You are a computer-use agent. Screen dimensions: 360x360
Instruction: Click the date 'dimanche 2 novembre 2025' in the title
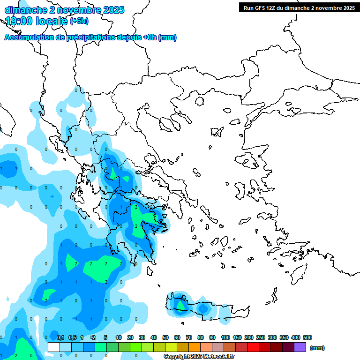[64, 10]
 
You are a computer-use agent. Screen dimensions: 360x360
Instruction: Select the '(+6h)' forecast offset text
[79, 21]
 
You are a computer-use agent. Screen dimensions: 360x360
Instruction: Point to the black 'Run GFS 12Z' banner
[299, 7]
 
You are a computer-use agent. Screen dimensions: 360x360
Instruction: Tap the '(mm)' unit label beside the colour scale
[317, 348]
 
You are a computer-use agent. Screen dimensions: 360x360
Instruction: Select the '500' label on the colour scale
[307, 337]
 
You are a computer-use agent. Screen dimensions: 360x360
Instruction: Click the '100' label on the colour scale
[225, 337]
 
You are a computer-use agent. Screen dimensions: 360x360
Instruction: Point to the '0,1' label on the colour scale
[60, 337]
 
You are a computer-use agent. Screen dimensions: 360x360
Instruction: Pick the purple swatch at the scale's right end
[300, 347]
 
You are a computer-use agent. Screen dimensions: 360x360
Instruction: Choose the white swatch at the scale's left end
[54, 347]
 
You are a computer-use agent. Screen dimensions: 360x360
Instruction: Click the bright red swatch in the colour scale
[253, 347]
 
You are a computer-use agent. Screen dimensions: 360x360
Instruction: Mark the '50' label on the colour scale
[165, 337]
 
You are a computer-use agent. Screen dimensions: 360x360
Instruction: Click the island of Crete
[206, 310]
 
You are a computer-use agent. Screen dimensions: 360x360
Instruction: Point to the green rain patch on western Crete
[180, 306]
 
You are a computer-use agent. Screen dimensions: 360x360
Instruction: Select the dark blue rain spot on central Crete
[202, 308]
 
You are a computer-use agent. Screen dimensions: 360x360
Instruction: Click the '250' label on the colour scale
[261, 337]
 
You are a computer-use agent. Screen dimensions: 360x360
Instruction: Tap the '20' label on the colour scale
[130, 337]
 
